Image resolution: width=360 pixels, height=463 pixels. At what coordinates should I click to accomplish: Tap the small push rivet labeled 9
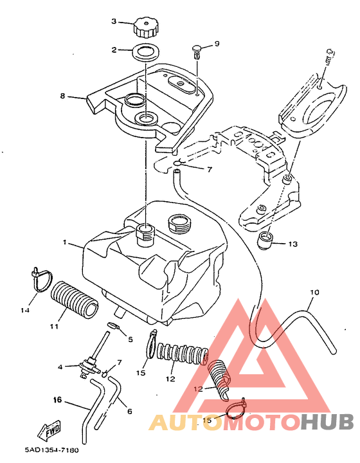[197, 50]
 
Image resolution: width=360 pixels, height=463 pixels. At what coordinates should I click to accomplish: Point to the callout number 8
[62, 96]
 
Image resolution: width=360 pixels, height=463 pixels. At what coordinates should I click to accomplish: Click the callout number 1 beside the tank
[64, 242]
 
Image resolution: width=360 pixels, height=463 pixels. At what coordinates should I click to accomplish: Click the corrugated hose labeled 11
[75, 299]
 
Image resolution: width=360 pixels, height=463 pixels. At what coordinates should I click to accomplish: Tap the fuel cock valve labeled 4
[87, 366]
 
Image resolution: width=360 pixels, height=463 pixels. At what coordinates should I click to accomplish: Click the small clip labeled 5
[113, 325]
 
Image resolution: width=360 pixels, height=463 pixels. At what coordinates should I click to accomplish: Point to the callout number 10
[314, 293]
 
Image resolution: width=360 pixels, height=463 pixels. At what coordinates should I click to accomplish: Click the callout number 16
[58, 400]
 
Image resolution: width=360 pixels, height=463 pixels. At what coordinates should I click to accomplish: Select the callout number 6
[129, 411]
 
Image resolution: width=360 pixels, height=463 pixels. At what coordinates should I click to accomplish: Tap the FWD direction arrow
[49, 428]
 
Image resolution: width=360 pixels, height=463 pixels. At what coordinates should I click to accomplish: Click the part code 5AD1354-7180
[51, 450]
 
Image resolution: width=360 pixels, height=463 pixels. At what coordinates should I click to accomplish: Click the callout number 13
[292, 244]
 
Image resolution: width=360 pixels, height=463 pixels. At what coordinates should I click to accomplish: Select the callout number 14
[25, 310]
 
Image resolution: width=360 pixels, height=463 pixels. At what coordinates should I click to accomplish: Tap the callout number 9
[217, 44]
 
